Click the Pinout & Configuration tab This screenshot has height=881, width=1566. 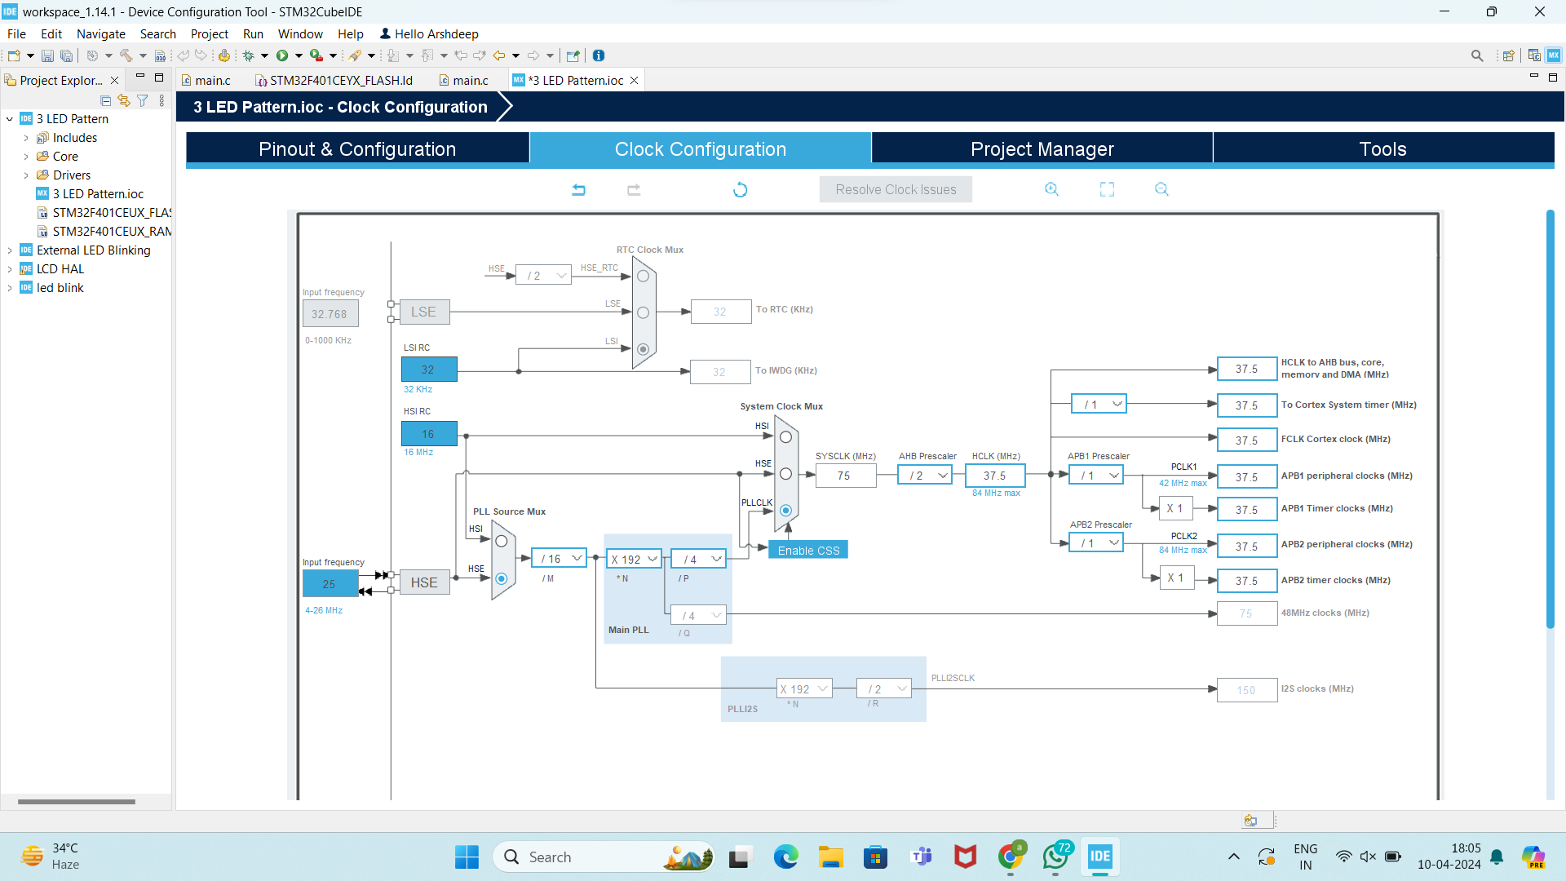(x=357, y=149)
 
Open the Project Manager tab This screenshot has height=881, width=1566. (x=1042, y=149)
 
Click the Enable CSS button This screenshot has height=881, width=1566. (x=808, y=551)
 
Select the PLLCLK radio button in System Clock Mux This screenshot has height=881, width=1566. (x=785, y=511)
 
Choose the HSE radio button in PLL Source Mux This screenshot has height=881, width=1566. (x=502, y=578)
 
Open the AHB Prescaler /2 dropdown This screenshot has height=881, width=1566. (x=925, y=476)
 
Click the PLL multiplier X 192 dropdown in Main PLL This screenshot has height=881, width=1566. (x=634, y=559)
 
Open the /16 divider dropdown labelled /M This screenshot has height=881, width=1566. (x=559, y=559)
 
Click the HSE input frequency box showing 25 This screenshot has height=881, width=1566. (x=330, y=584)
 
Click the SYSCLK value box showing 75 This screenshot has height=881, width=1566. (x=845, y=476)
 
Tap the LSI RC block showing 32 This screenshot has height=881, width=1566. (x=429, y=370)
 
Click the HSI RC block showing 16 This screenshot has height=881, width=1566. (x=429, y=434)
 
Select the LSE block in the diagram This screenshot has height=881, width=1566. (x=424, y=312)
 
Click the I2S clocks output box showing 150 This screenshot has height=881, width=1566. (x=1246, y=690)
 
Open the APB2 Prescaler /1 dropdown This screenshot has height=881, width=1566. (x=1096, y=543)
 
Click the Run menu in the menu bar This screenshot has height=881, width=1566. (x=253, y=34)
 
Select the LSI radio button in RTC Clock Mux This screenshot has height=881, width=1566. (x=643, y=349)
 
